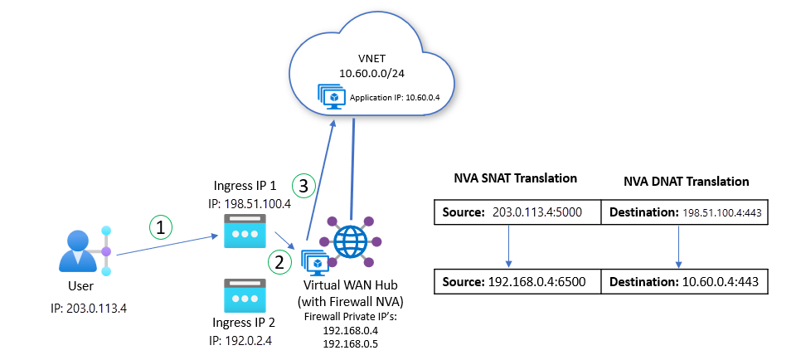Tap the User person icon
[80, 249]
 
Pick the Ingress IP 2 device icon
[244, 295]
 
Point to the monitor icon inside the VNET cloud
[332, 97]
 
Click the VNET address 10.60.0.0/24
[366, 74]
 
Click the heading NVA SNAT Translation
[516, 179]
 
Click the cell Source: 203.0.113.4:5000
[516, 212]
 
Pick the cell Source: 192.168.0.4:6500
[516, 282]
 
